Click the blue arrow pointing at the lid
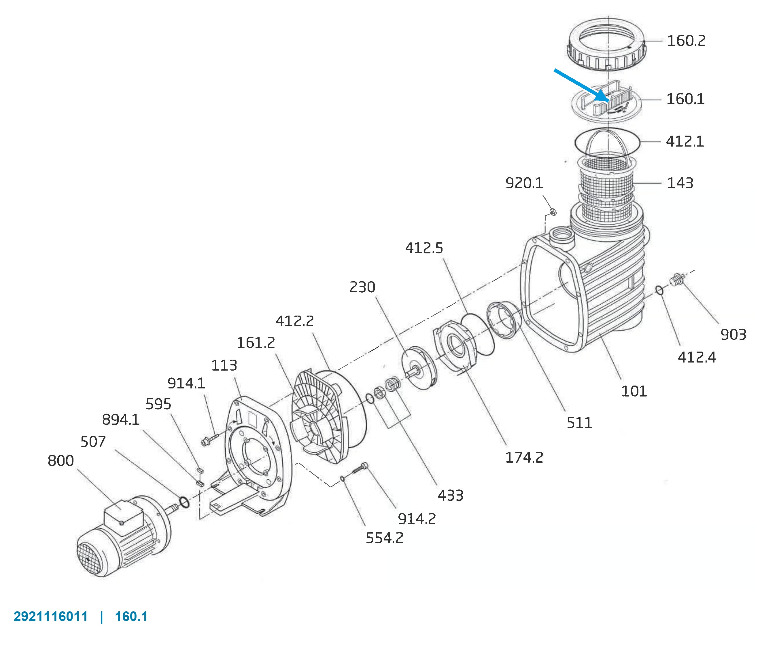[x=581, y=85]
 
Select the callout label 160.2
[x=686, y=41]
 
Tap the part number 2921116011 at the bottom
[x=51, y=616]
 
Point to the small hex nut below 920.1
[x=553, y=211]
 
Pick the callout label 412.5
[x=424, y=248]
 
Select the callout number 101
[x=634, y=391]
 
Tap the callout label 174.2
[x=524, y=457]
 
